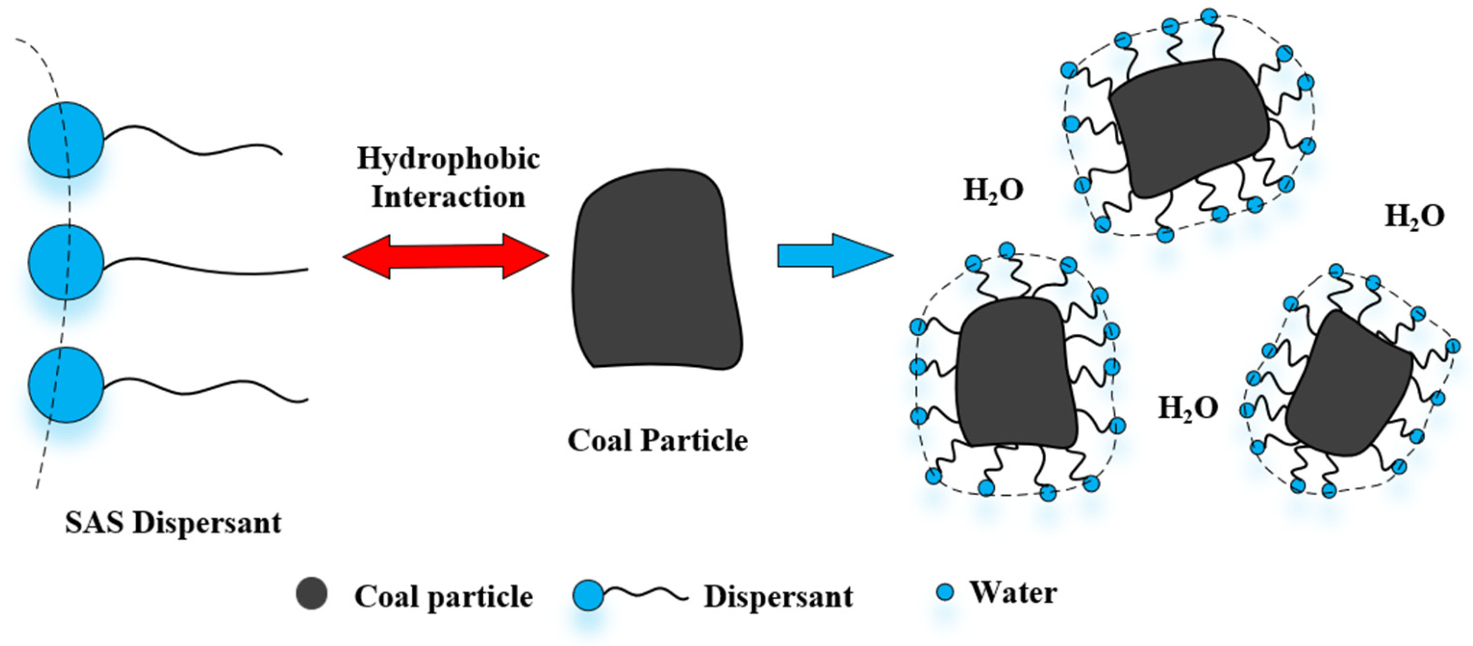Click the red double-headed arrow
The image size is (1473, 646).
coord(445,257)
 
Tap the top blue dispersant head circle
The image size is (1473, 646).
coord(66,140)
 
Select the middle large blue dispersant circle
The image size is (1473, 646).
coord(66,262)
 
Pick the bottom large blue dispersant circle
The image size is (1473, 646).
coord(66,385)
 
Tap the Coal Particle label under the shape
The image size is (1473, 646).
coord(657,440)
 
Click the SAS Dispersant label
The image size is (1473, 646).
coord(173,522)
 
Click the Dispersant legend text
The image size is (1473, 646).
coord(778,597)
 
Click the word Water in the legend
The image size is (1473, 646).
coord(1013,592)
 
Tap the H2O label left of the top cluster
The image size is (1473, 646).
coord(993,191)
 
